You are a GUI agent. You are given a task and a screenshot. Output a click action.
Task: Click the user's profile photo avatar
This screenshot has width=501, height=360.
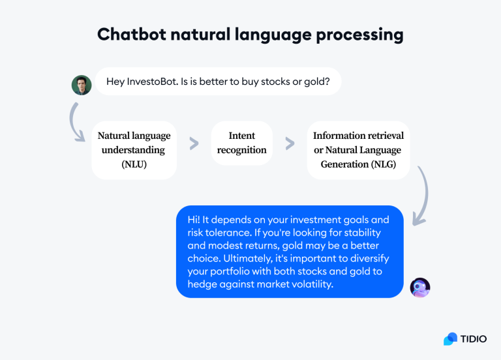82,85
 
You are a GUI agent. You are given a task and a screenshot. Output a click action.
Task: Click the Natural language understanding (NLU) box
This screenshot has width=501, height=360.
134,150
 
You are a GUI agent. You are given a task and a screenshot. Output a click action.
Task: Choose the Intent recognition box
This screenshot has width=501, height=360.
242,143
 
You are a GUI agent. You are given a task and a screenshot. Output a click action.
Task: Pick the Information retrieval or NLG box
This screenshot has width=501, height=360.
358,150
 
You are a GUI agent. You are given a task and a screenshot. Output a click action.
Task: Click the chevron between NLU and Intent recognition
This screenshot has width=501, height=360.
194,143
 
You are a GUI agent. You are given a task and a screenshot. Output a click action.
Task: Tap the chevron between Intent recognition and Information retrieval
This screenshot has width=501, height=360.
290,143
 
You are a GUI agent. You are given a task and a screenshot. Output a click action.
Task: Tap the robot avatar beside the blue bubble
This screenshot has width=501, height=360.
420,287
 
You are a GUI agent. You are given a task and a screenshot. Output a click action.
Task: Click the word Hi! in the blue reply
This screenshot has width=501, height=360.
194,220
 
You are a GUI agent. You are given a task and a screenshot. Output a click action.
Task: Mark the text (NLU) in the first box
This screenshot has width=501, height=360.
134,164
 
